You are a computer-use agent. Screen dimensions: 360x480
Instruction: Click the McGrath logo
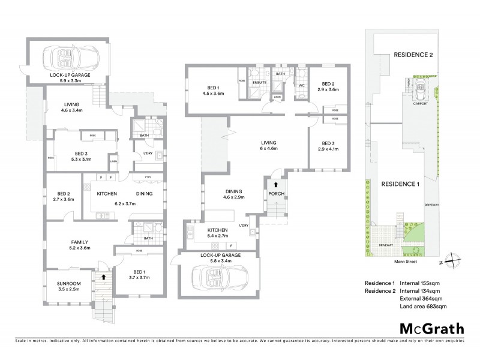[x=431, y=328]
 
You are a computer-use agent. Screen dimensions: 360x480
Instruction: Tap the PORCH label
[x=277, y=194]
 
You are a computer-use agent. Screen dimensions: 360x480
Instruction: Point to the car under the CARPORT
[x=419, y=91]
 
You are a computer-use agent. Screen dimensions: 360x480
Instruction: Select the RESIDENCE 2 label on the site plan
[x=413, y=55]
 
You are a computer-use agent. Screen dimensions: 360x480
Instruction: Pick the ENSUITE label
[x=259, y=82]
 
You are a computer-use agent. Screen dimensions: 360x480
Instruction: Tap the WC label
[x=302, y=85]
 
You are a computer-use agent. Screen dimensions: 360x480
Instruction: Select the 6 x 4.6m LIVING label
[x=266, y=145]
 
